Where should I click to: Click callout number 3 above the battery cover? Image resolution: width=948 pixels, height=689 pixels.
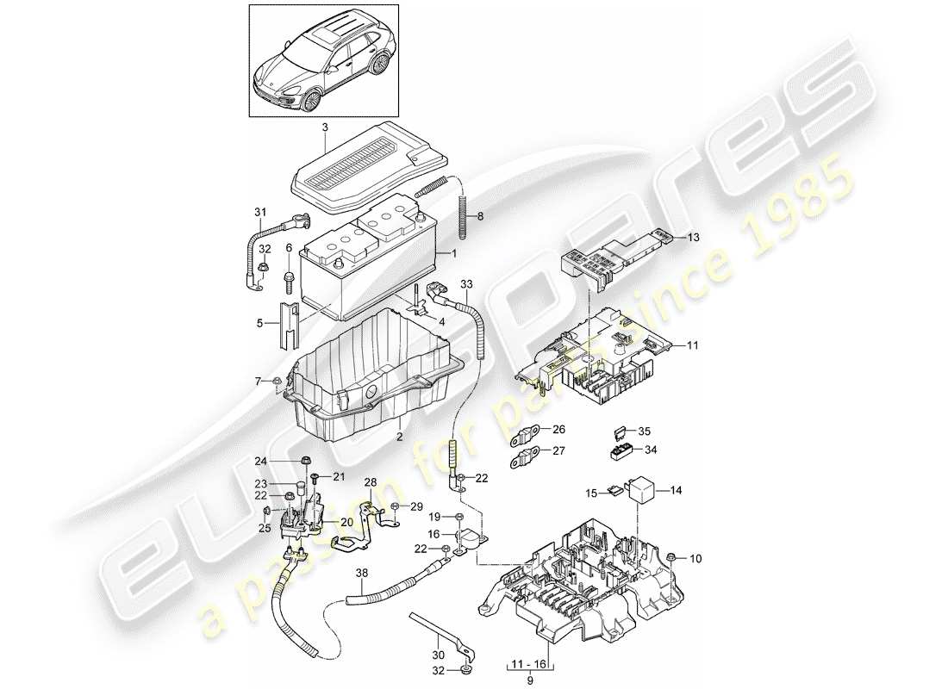(325, 128)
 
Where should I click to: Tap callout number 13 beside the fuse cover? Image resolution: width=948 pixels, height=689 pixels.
(695, 236)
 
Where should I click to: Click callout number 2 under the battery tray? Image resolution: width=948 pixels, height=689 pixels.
(400, 437)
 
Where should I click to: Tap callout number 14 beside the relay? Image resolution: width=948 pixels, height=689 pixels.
(676, 490)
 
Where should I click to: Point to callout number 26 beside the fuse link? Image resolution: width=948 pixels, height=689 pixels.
(558, 429)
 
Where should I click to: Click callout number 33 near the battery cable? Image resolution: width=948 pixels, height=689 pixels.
(466, 283)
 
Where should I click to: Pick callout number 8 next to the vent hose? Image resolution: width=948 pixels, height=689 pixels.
(480, 218)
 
